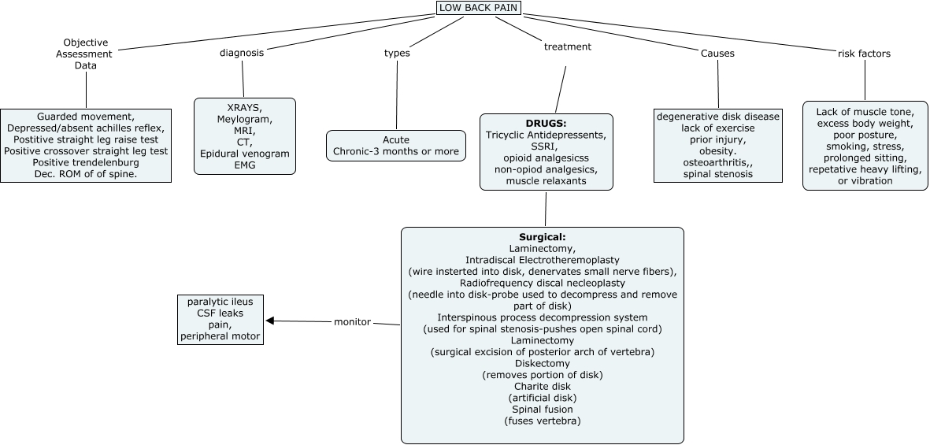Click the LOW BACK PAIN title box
pyautogui.click(x=480, y=8)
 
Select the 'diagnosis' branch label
pyautogui.click(x=242, y=53)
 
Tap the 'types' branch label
pyautogui.click(x=397, y=53)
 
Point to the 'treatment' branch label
pyautogui.click(x=568, y=46)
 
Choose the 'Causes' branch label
pyautogui.click(x=717, y=54)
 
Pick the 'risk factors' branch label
pyautogui.click(x=864, y=54)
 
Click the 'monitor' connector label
pyautogui.click(x=352, y=322)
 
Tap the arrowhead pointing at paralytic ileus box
pyautogui.click(x=269, y=321)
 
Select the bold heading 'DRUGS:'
pyautogui.click(x=547, y=124)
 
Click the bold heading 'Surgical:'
pyautogui.click(x=543, y=237)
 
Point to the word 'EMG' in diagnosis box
pyautogui.click(x=245, y=165)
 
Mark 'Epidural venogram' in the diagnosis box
pyautogui.click(x=245, y=154)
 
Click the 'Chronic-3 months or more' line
pyautogui.click(x=396, y=151)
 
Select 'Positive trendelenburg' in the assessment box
pyautogui.click(x=86, y=162)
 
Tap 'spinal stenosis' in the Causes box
pyautogui.click(x=718, y=174)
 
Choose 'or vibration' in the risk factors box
pyautogui.click(x=865, y=180)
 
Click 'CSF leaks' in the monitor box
pyautogui.click(x=220, y=313)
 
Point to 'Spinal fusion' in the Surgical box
pyautogui.click(x=543, y=410)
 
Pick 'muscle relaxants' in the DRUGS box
pyautogui.click(x=547, y=180)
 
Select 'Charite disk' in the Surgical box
pyautogui.click(x=543, y=386)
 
